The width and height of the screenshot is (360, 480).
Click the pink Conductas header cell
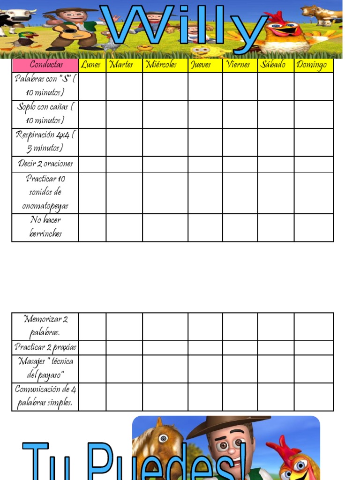(x=45, y=65)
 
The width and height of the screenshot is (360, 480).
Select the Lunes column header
(x=92, y=65)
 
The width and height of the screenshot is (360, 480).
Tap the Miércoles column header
(x=165, y=65)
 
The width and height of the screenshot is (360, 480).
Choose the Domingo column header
(x=314, y=65)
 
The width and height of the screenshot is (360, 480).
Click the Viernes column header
(x=240, y=65)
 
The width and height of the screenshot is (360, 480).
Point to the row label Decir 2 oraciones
(x=45, y=164)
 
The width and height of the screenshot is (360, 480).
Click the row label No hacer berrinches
(x=45, y=227)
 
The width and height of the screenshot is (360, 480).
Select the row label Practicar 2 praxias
(x=45, y=347)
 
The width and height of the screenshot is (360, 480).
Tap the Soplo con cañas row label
(x=45, y=113)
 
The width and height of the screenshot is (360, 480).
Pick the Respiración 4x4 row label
(x=45, y=142)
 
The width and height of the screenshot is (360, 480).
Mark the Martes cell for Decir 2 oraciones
(x=124, y=164)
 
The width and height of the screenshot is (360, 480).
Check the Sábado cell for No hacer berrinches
(x=276, y=227)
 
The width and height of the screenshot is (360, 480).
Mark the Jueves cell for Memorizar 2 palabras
(x=205, y=326)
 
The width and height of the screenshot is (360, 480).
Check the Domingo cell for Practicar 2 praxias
(x=314, y=347)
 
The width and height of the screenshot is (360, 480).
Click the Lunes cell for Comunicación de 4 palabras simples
(x=92, y=397)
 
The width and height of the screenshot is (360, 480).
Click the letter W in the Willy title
(x=129, y=26)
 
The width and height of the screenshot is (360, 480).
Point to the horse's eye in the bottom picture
(x=163, y=439)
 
